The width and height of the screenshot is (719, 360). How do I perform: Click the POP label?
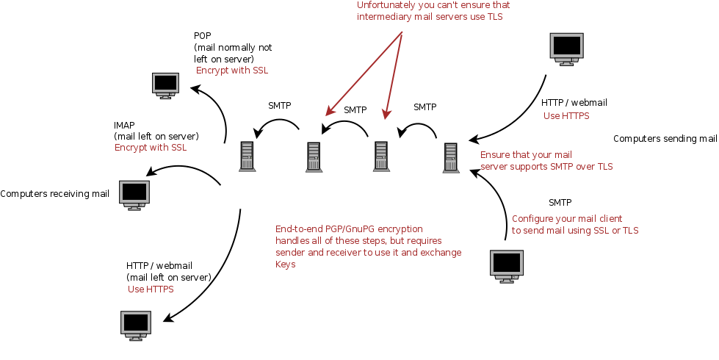(202, 36)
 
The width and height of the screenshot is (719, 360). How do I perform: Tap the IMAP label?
(124, 125)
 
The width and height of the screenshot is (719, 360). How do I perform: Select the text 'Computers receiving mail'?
(54, 194)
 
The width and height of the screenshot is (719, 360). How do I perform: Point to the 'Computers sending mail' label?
(665, 139)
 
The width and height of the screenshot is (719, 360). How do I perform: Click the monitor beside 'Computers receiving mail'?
(134, 195)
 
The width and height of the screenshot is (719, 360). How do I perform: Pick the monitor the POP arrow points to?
(165, 86)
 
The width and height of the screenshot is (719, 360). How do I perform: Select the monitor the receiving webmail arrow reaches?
(136, 325)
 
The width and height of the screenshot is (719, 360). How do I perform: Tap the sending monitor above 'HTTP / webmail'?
(567, 49)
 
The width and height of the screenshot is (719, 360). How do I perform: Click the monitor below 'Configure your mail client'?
(507, 267)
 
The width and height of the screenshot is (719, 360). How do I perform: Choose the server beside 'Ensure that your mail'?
(451, 158)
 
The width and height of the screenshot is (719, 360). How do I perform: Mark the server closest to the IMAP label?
(248, 156)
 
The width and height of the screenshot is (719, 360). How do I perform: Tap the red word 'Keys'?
(285, 264)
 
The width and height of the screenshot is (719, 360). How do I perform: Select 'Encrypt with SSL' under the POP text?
(232, 71)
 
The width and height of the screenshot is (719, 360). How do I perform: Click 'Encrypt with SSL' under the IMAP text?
(151, 148)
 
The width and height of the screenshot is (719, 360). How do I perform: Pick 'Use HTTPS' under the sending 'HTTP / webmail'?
(566, 116)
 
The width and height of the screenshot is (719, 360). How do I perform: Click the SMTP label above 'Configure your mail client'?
(560, 203)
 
